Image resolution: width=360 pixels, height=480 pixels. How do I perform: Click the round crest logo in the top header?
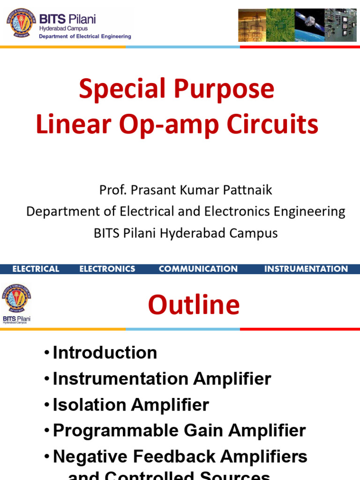[x=20, y=23]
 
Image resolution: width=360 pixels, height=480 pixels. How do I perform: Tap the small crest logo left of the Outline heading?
[x=16, y=299]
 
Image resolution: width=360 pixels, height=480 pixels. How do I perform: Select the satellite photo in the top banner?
[x=309, y=25]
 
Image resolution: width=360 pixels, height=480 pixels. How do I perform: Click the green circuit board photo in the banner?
[x=280, y=25]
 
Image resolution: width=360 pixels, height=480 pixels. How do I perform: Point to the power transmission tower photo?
[x=252, y=25]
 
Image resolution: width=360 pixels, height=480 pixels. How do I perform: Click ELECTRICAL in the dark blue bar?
[x=36, y=269]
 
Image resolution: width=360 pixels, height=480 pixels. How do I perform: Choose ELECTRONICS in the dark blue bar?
[x=107, y=269]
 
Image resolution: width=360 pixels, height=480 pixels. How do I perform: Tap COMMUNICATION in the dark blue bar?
[x=198, y=269]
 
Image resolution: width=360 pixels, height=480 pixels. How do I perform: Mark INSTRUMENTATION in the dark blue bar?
[x=306, y=269]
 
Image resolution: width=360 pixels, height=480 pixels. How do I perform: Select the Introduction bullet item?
[x=105, y=352]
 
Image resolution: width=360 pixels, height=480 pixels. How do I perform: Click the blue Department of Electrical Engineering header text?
[x=85, y=37]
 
